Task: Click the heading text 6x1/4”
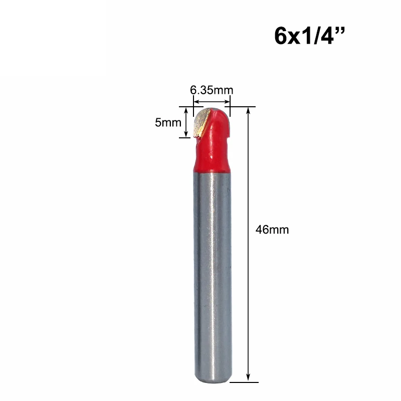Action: (309, 36)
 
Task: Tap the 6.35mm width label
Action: (212, 90)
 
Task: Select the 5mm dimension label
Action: (168, 122)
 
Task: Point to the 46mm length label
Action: (272, 230)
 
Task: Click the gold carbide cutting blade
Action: (202, 122)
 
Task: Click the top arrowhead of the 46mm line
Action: (248, 110)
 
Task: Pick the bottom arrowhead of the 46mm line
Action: (248, 378)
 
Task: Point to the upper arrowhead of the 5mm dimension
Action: (186, 110)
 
